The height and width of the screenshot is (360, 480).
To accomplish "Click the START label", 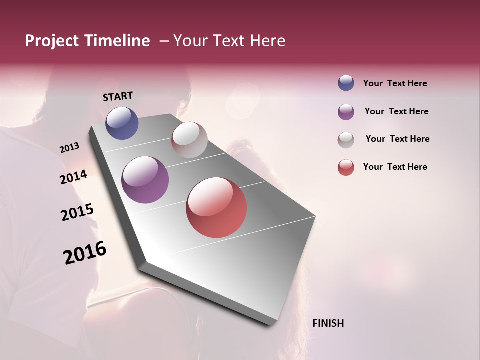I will coord(118,96).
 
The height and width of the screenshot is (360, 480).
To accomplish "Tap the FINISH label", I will coord(328,323).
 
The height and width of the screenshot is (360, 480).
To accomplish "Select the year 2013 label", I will coord(69,148).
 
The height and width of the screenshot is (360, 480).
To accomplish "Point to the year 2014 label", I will coord(73,177).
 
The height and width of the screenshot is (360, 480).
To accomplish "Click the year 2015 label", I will coord(77,212).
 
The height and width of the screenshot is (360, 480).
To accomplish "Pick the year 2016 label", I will coord(85,252).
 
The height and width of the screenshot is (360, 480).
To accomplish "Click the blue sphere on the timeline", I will coord(122,123).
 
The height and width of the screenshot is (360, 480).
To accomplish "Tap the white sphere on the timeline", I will coord(189,139).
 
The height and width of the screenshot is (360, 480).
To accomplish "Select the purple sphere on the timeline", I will coord(145,180).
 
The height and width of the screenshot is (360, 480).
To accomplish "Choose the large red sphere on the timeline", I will coord(216,207).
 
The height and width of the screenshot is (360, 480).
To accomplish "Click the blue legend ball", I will coord(346,83).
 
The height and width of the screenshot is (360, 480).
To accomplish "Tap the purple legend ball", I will coord(346,112).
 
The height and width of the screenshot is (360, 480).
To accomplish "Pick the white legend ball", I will coord(346,140).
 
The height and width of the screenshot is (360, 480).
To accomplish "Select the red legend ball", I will coord(346,167).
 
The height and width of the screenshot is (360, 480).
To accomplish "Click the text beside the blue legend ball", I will coord(395,83).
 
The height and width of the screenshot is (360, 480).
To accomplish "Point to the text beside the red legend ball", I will coord(395,167).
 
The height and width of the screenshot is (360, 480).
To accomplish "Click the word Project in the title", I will coord(52,41).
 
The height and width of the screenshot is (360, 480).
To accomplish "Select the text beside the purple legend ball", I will coord(396,111).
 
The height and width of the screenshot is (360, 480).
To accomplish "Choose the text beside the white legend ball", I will coord(397,139).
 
